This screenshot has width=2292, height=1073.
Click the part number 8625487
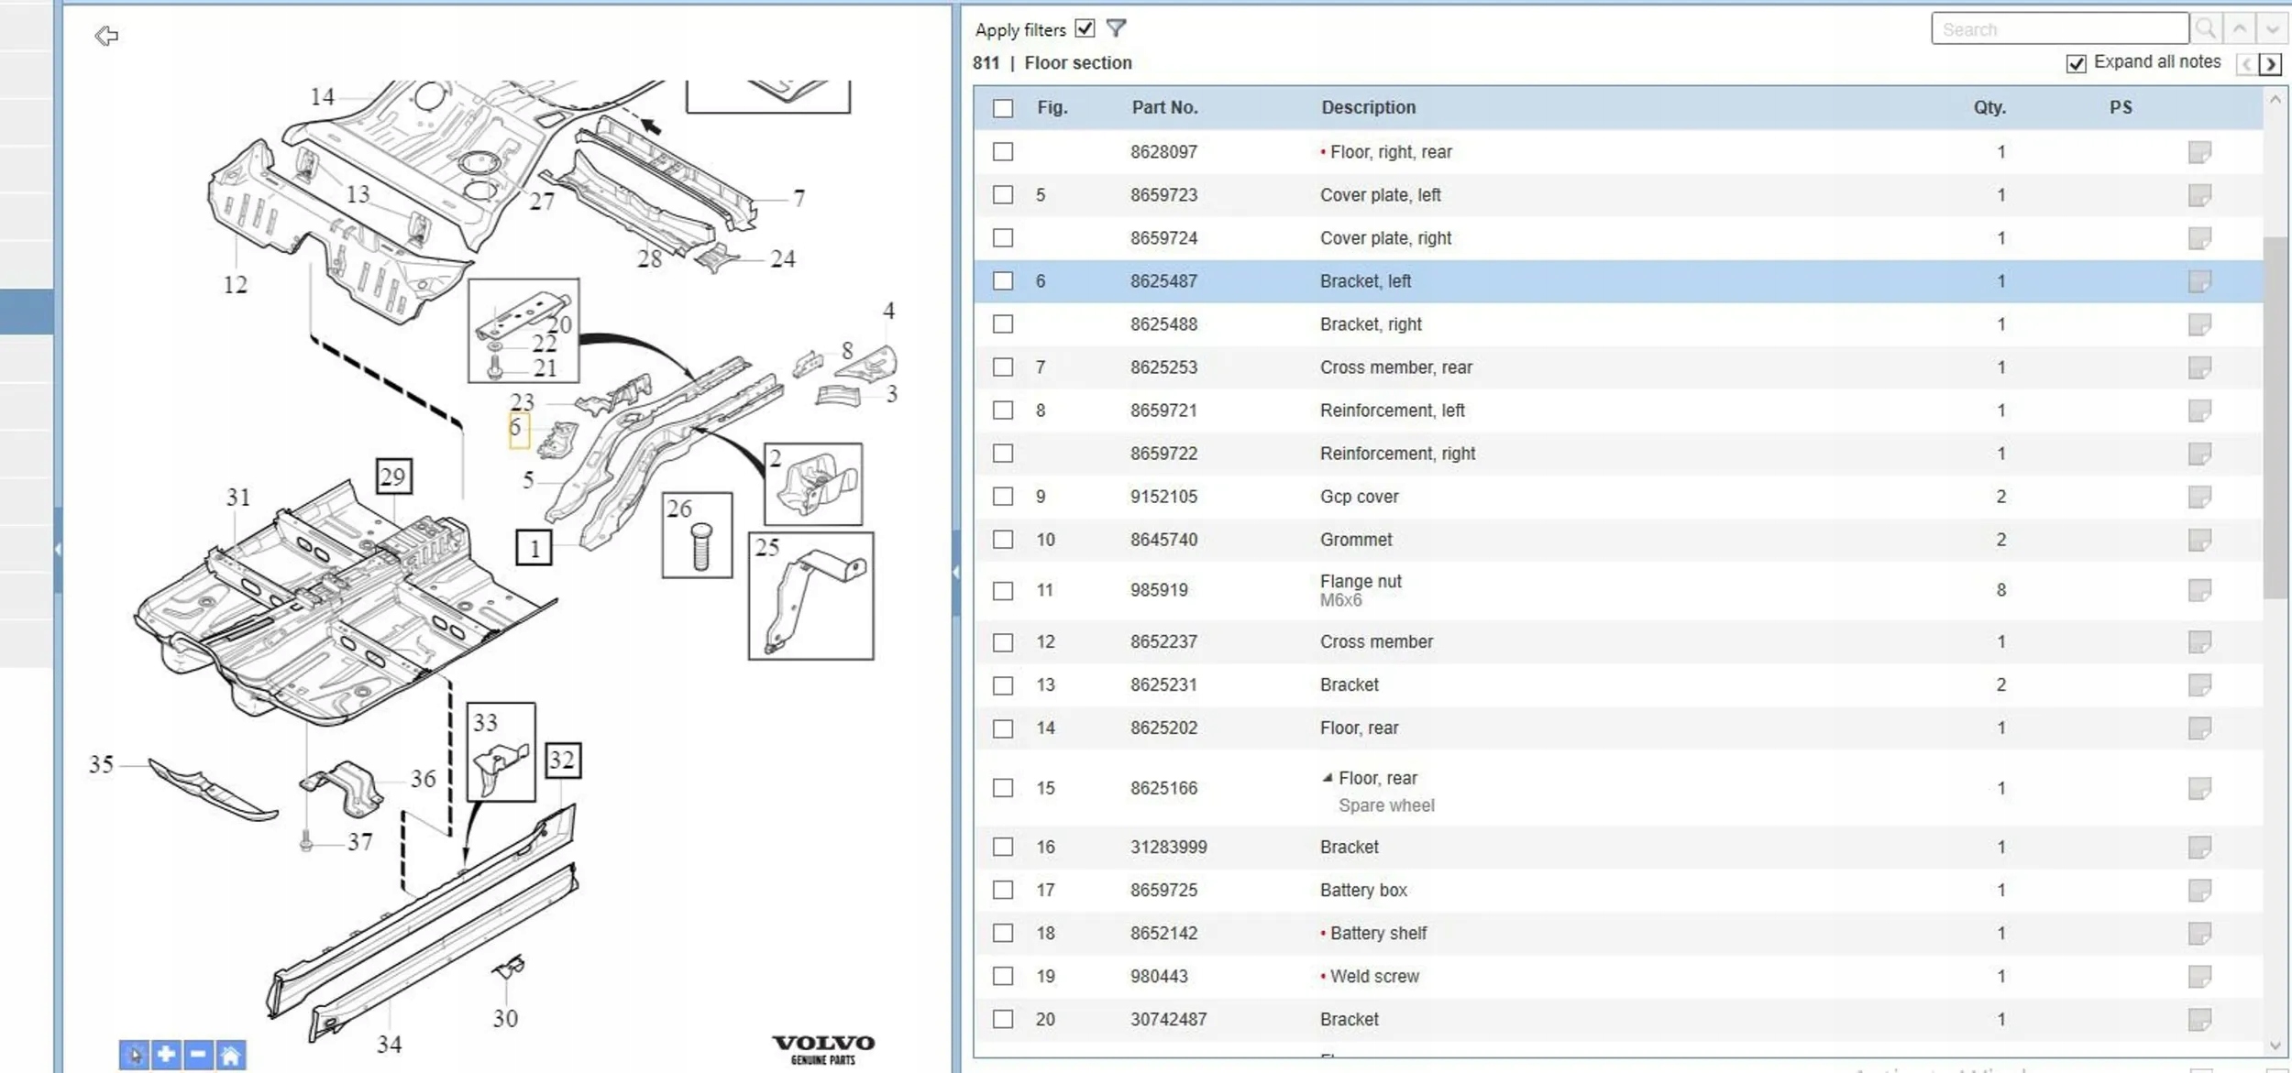(x=1163, y=281)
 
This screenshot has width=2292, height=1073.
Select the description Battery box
(x=1363, y=890)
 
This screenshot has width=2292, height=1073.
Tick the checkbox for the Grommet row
(x=1003, y=540)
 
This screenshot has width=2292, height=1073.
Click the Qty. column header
(x=1989, y=107)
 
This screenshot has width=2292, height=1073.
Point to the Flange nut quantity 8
(x=2000, y=590)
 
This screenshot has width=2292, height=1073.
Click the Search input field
(x=2059, y=29)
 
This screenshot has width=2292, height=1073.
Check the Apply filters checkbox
(x=1085, y=28)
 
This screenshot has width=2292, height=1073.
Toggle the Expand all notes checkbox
(x=2076, y=63)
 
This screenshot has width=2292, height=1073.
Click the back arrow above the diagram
(x=106, y=36)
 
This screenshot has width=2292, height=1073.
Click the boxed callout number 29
(x=393, y=476)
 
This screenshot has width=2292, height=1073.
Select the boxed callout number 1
(x=534, y=548)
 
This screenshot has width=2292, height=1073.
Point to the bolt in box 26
(x=701, y=547)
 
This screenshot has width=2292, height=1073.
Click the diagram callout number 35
(x=101, y=764)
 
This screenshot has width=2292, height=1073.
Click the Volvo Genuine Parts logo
(x=822, y=1049)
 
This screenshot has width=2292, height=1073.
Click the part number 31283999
(x=1168, y=847)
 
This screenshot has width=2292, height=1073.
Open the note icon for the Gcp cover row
(x=2198, y=497)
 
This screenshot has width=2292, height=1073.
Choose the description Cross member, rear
(x=1395, y=367)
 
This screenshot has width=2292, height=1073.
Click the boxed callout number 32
(x=562, y=760)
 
